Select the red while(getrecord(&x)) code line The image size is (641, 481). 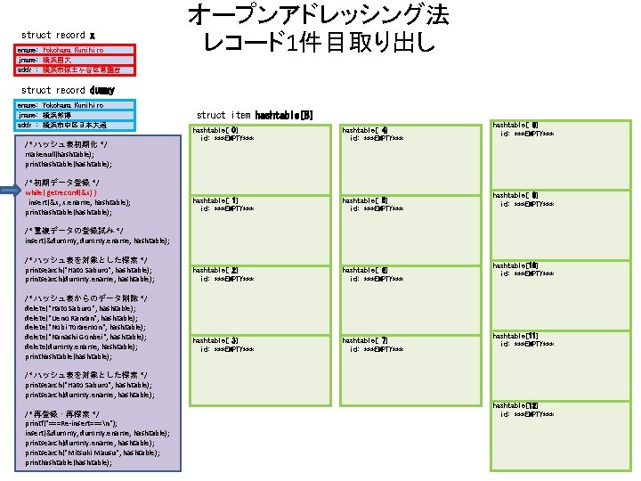point(61,192)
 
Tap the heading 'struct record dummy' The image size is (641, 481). point(68,90)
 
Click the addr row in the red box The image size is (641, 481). point(76,69)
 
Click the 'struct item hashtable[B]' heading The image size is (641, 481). point(255,115)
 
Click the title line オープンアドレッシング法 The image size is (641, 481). point(318,15)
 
